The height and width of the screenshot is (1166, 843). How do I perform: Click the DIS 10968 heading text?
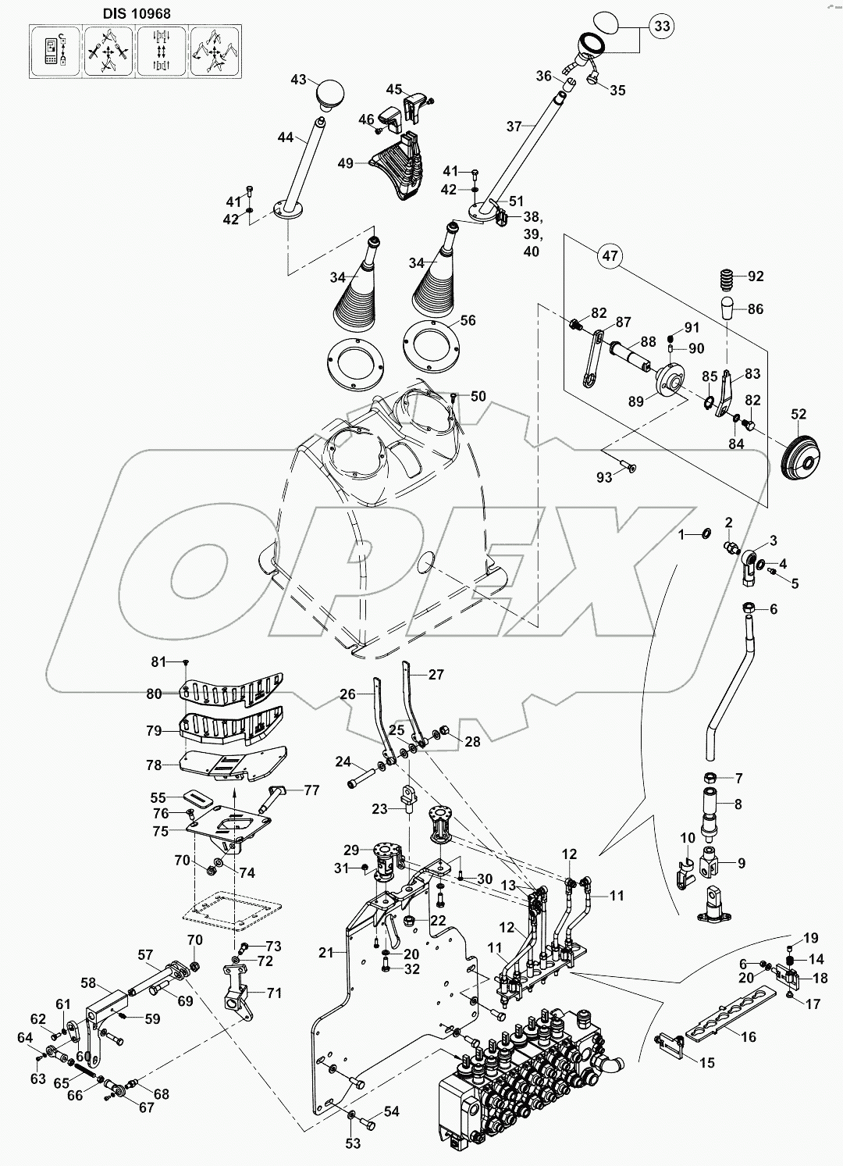137,13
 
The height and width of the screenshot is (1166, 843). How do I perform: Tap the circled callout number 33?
661,27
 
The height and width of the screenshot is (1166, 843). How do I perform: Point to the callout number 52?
799,414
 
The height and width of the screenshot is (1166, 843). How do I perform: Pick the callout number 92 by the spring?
756,276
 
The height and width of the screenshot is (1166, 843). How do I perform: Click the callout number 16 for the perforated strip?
749,1036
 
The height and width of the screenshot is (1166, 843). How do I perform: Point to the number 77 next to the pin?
311,790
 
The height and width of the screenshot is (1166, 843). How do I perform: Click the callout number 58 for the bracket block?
88,982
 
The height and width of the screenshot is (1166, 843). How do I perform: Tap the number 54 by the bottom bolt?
390,1111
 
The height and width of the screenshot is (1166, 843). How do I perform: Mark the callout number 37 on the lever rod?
513,126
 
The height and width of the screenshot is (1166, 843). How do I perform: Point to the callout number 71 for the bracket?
273,993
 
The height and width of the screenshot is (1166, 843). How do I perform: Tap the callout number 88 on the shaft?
647,341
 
